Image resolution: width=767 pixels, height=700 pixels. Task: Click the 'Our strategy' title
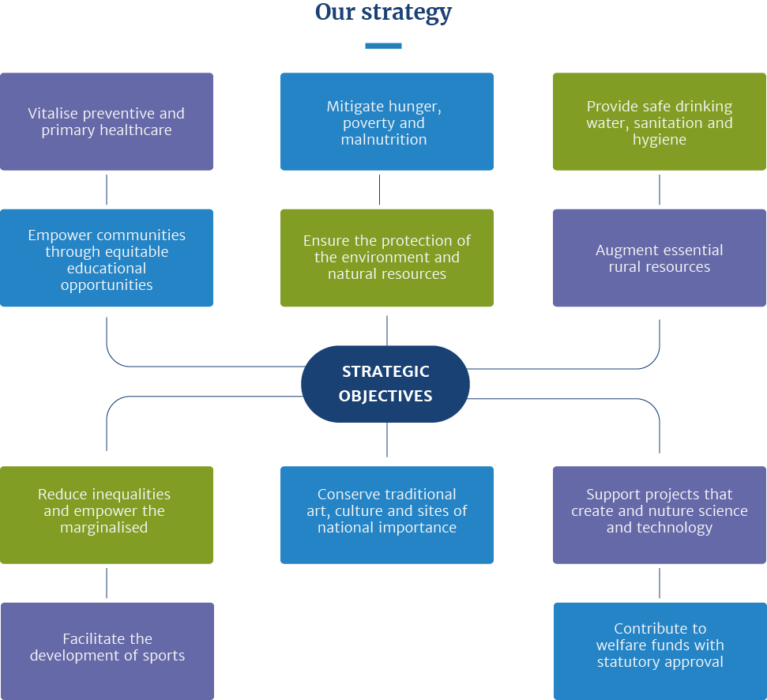click(x=383, y=12)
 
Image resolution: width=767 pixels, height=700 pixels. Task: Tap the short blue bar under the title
click(x=384, y=46)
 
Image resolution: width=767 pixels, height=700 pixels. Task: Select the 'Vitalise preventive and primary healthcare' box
click(x=107, y=122)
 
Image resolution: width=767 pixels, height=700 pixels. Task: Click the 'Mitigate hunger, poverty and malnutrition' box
click(x=387, y=122)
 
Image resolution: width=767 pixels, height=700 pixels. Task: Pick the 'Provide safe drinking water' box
click(x=660, y=122)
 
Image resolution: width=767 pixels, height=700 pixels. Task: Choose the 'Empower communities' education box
click(x=107, y=258)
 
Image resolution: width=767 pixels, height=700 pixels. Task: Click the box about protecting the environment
click(x=387, y=258)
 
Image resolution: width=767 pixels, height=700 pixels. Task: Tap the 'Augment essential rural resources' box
click(x=660, y=258)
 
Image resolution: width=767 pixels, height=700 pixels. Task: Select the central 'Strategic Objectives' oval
click(x=385, y=384)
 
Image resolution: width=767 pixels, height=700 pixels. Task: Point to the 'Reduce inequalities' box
click(x=107, y=515)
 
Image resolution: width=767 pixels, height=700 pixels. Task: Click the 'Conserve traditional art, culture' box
click(x=387, y=515)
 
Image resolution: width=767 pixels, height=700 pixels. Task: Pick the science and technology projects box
click(x=660, y=515)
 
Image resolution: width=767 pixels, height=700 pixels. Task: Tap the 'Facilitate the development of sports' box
click(x=107, y=651)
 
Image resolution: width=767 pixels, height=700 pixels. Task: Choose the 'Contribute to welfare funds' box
click(x=660, y=651)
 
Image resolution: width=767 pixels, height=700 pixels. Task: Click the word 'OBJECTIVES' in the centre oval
click(x=385, y=396)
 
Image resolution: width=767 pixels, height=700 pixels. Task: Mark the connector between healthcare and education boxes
click(x=107, y=190)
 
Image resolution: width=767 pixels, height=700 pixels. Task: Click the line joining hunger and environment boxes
click(x=380, y=190)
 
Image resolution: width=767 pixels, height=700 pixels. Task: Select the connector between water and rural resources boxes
click(x=660, y=190)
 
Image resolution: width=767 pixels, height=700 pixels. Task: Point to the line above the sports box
click(x=107, y=583)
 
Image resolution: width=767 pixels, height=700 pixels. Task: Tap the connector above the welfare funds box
click(x=660, y=583)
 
